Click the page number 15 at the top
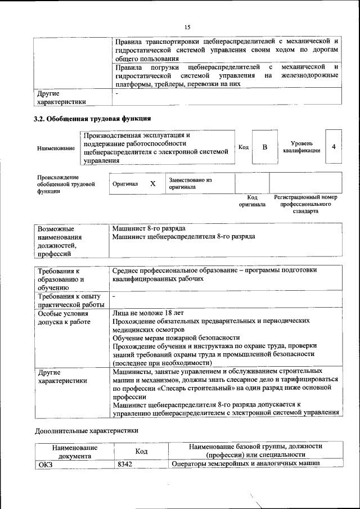click(187, 26)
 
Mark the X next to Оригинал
click(152, 184)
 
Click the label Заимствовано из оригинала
click(190, 183)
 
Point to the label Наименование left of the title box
click(56, 148)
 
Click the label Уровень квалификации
click(302, 147)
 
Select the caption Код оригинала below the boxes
click(252, 201)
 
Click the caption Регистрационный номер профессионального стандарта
click(305, 204)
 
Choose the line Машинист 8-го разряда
click(149, 228)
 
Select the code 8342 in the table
click(124, 464)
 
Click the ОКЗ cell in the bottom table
click(44, 464)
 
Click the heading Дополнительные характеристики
click(86, 431)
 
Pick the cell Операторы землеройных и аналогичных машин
click(246, 464)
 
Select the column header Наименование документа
click(74, 451)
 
